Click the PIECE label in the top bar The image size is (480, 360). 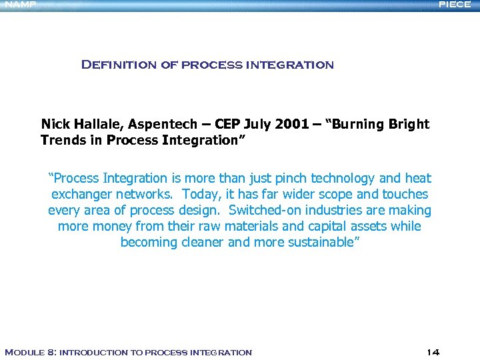454,5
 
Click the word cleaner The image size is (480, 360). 202,242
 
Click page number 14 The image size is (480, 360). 433,352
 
